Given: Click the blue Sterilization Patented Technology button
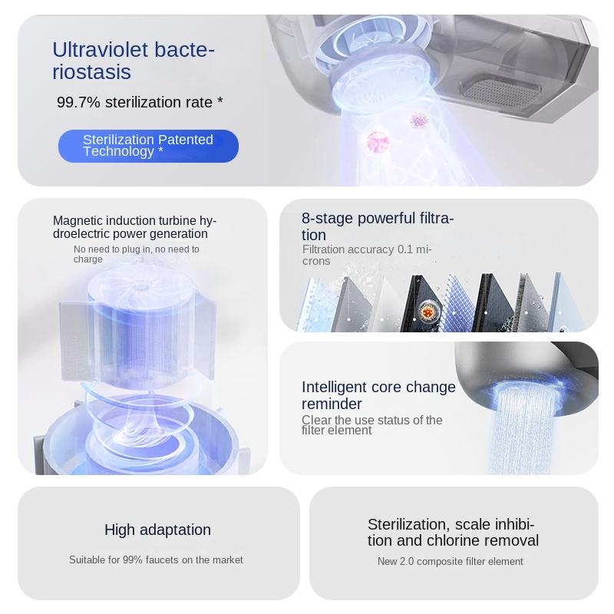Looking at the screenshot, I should point(148,146).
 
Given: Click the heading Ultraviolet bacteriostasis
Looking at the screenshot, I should point(134,61).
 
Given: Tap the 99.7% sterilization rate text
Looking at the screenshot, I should point(140,102).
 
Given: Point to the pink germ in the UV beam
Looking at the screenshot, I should point(378,141).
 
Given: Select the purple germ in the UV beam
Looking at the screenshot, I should point(418,120).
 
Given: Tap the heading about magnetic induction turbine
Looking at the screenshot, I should point(135,227).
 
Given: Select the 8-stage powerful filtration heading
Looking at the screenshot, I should point(378,226).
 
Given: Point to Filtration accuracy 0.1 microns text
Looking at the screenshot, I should point(367,255).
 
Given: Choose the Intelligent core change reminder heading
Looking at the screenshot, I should point(378,395).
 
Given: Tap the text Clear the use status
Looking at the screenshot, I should point(371,424).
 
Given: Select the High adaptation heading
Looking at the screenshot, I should point(157,530).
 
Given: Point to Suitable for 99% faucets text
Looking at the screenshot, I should point(156,560).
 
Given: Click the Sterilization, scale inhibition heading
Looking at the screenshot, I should point(453,533).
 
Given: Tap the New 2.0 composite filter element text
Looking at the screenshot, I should point(450,562).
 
